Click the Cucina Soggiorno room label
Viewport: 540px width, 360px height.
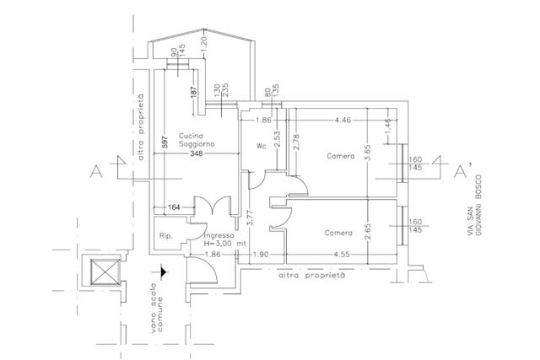[197, 140]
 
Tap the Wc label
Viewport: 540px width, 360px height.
[261, 146]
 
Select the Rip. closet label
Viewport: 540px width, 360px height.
[165, 236]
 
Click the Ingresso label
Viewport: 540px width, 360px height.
[219, 236]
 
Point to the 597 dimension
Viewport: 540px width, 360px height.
[165, 142]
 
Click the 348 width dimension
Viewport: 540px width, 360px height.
[197, 153]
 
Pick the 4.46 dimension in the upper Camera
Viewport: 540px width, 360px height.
[343, 120]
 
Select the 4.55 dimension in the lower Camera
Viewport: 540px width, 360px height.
[342, 255]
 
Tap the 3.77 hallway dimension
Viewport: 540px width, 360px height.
[250, 218]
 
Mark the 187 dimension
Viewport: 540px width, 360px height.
[194, 92]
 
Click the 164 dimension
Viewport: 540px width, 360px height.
[174, 207]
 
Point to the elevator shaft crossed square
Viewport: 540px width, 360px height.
[105, 271]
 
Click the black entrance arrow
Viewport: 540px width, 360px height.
[163, 271]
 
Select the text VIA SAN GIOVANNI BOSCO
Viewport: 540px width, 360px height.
[474, 206]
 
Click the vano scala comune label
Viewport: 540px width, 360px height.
[156, 308]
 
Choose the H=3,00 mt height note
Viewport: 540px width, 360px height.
[225, 244]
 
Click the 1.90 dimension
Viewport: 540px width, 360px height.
[261, 255]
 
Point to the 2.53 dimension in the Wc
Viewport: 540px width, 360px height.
[278, 138]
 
